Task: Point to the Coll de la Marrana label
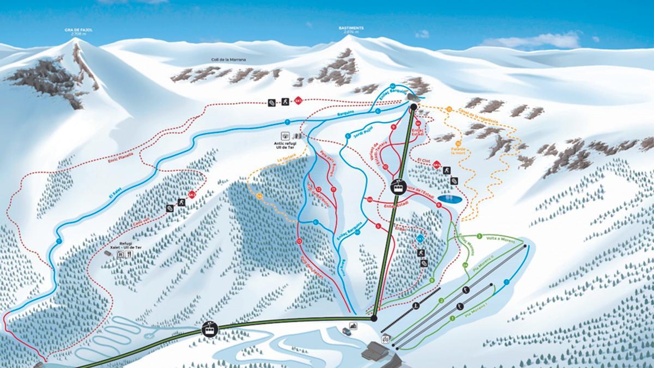coord(229,59)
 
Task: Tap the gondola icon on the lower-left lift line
coord(209,329)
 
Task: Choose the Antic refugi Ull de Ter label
coord(285,145)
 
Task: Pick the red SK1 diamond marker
coord(298,101)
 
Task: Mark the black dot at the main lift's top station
coord(413,107)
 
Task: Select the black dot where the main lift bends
coord(374,318)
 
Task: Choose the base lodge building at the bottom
coord(381,352)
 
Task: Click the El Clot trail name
coord(423,162)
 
